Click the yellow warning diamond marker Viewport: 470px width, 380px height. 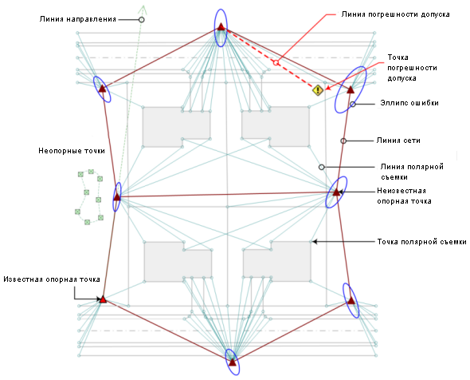(318, 90)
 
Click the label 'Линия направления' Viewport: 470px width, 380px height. (77, 19)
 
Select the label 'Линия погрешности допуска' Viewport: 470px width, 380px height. (395, 14)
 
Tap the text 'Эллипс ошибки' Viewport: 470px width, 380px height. (409, 103)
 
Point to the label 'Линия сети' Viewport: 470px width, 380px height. (398, 141)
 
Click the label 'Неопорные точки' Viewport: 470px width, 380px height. (72, 151)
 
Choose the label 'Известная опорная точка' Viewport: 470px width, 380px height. (52, 279)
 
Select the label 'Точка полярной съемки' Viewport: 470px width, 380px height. (421, 242)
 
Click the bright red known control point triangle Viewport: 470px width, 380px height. (103, 299)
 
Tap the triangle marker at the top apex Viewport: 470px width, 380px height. (221, 26)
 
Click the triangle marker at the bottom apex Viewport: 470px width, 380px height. (233, 362)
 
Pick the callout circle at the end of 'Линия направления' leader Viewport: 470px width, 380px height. (142, 19)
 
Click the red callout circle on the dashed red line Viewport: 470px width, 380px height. (276, 63)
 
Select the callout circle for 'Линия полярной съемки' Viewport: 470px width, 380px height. (321, 167)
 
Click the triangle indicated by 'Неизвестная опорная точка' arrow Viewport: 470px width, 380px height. (336, 192)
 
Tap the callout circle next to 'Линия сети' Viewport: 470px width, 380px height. (343, 141)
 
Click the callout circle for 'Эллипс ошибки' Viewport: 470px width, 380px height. (353, 105)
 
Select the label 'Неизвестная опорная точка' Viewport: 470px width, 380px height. (404, 196)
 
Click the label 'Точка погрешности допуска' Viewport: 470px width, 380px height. (412, 68)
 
